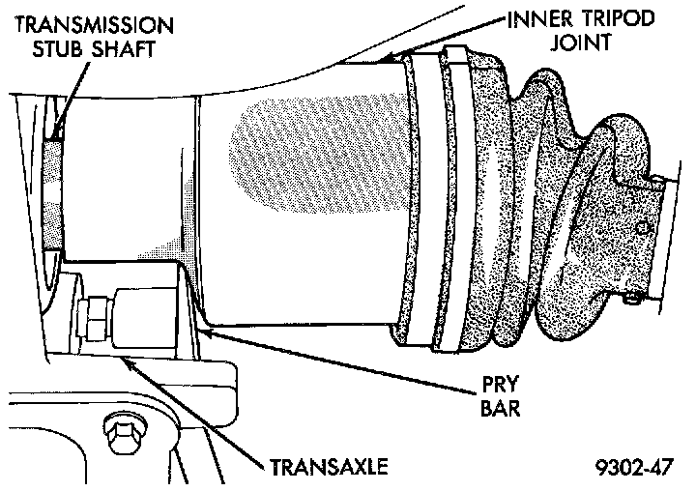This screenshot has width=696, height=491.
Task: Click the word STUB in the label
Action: [x=43, y=49]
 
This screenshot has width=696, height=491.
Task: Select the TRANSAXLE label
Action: [x=329, y=468]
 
